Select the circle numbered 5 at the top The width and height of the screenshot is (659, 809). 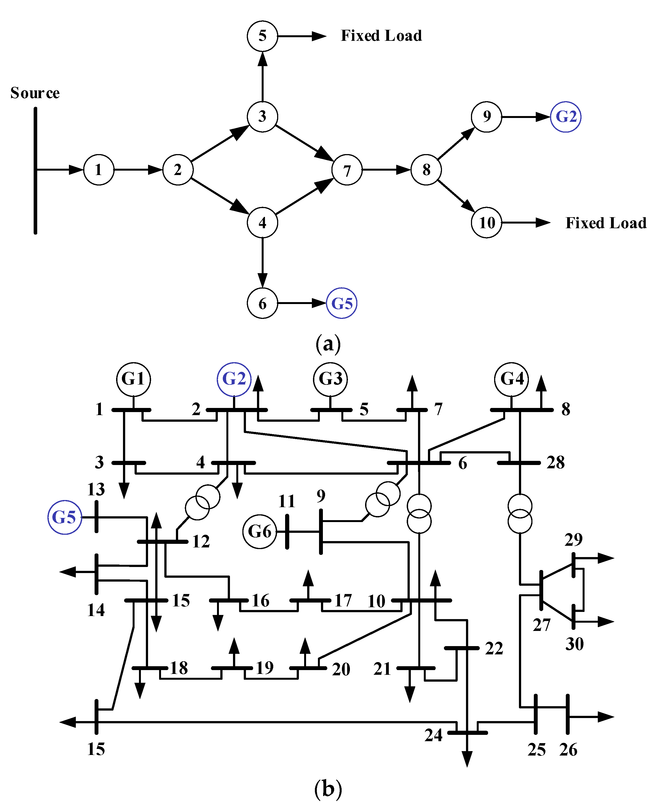[x=262, y=36]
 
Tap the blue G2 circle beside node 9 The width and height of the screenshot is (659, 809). [x=566, y=117]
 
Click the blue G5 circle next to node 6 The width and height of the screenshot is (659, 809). [x=342, y=303]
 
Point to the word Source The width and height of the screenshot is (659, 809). [x=35, y=93]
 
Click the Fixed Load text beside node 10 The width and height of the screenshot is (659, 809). [x=606, y=223]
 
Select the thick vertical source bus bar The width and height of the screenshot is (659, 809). [x=35, y=171]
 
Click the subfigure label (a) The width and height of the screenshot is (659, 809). [x=328, y=344]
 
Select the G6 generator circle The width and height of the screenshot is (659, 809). [x=260, y=532]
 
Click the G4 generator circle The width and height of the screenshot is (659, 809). [x=511, y=379]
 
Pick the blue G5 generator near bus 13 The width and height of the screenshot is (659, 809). [x=65, y=517]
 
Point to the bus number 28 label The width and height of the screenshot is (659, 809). [x=555, y=463]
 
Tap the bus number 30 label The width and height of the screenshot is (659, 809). [x=574, y=644]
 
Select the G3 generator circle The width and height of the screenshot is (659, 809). [x=330, y=379]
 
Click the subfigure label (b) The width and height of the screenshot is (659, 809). [x=328, y=789]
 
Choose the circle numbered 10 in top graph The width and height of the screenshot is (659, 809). [x=486, y=223]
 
